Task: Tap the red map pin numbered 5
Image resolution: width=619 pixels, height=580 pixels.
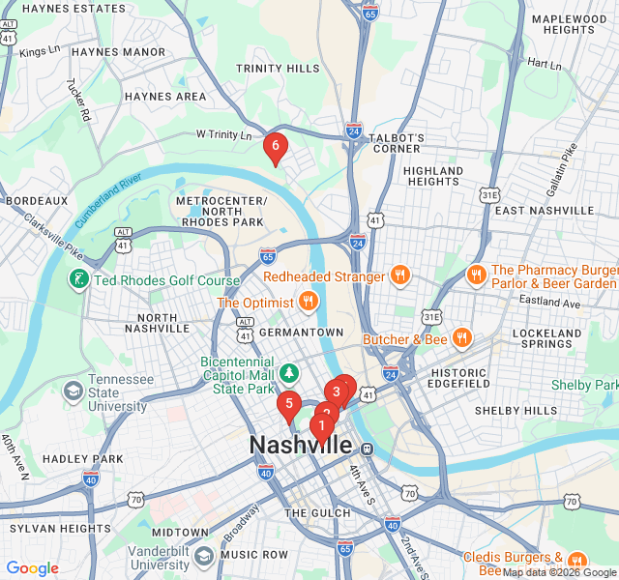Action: click(x=288, y=404)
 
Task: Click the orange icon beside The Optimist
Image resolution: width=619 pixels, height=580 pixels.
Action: click(x=309, y=302)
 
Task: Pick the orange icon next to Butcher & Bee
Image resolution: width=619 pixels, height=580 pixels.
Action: click(x=462, y=338)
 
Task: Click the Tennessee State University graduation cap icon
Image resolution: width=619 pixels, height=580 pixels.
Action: click(x=73, y=392)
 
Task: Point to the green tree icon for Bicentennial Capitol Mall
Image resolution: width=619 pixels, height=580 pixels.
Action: click(x=288, y=373)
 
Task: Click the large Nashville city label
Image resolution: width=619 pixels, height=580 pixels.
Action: click(x=301, y=446)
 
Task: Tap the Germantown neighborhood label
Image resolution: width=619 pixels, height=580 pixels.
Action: click(x=301, y=332)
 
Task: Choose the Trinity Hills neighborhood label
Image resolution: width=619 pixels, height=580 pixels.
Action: click(x=278, y=69)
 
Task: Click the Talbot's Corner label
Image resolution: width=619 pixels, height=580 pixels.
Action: click(x=398, y=143)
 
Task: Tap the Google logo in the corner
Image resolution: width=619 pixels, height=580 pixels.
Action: click(x=32, y=568)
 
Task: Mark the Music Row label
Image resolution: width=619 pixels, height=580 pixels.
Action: click(x=254, y=555)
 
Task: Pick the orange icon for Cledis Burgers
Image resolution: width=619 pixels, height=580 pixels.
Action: click(x=577, y=560)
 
